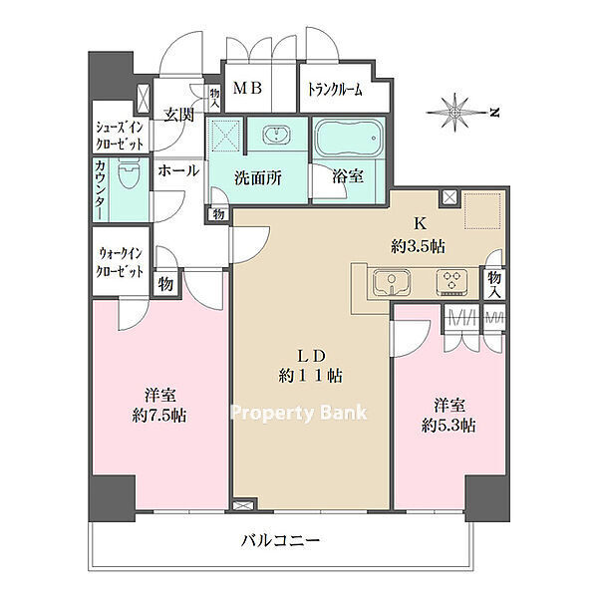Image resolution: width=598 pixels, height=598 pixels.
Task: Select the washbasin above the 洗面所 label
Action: click(x=276, y=135)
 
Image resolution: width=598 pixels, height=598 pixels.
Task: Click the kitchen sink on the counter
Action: click(x=392, y=283)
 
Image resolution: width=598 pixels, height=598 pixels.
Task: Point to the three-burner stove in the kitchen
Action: click(x=451, y=282)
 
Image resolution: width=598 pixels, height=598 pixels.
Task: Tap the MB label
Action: click(x=248, y=89)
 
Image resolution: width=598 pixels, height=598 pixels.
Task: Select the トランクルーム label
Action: click(x=335, y=90)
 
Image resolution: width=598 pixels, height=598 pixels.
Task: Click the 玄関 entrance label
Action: click(x=178, y=115)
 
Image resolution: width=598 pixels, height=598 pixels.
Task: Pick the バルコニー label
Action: click(x=280, y=540)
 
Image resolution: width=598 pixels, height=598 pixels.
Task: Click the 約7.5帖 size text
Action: click(x=159, y=416)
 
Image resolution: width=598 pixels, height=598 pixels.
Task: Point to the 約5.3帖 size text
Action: click(x=448, y=426)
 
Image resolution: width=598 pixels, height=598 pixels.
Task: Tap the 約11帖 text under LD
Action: click(x=310, y=376)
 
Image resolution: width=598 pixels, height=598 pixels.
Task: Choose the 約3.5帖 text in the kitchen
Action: click(x=418, y=247)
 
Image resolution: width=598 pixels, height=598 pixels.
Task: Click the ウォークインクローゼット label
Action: click(x=120, y=262)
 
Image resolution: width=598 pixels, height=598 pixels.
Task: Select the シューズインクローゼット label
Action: click(x=120, y=136)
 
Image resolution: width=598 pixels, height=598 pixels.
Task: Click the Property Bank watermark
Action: click(x=299, y=413)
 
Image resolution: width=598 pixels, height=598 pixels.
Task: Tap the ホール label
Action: click(x=178, y=170)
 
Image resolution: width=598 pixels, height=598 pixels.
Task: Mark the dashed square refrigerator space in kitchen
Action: click(x=482, y=211)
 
